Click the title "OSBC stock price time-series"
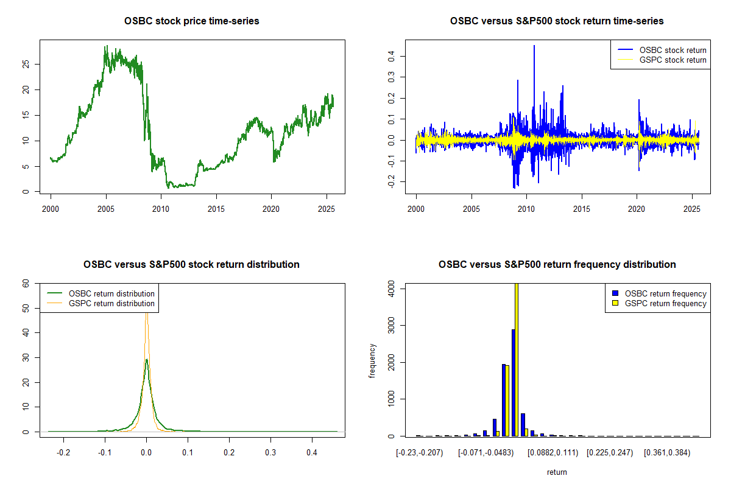point(191,21)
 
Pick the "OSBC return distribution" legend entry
point(111,293)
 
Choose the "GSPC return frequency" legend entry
point(666,303)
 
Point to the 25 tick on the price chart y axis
point(26,64)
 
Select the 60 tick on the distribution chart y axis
point(26,283)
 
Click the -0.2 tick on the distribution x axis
point(63,453)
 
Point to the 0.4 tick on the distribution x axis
point(312,453)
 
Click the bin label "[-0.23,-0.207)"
point(420,453)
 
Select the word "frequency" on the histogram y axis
point(373,361)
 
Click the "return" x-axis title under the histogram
point(557,472)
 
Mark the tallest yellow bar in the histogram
point(517,359)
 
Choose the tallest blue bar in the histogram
point(513,382)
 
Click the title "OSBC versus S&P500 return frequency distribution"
point(557,265)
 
